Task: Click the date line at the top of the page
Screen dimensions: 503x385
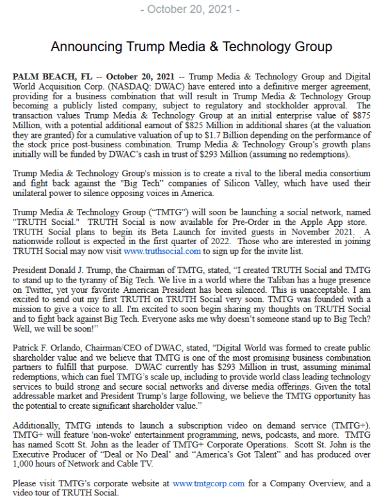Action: [x=193, y=10]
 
